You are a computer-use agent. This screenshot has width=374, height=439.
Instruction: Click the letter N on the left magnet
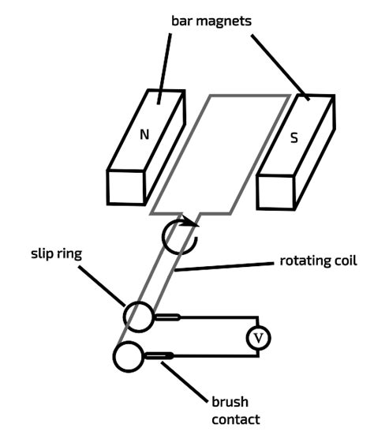pyautogui.click(x=144, y=135)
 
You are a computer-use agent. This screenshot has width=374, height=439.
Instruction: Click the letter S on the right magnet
pyautogui.click(x=294, y=137)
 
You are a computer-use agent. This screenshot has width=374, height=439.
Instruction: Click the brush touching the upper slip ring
pyautogui.click(x=167, y=317)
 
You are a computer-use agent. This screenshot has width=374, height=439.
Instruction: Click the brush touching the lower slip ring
pyautogui.click(x=158, y=357)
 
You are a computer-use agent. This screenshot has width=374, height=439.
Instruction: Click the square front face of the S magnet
pyautogui.click(x=273, y=192)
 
